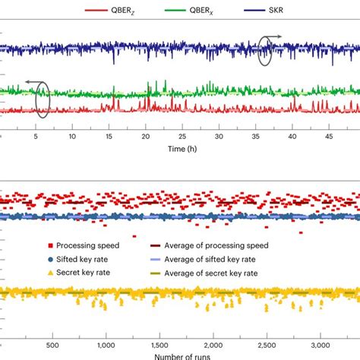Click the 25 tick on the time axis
coord(182,137)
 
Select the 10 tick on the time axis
coord(71,137)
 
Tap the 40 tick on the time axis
coord(293,137)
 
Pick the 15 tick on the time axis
coord(109,137)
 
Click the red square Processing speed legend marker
coord(50,246)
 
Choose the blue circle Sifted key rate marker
coord(50,259)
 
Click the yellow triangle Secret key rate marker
coord(50,272)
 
